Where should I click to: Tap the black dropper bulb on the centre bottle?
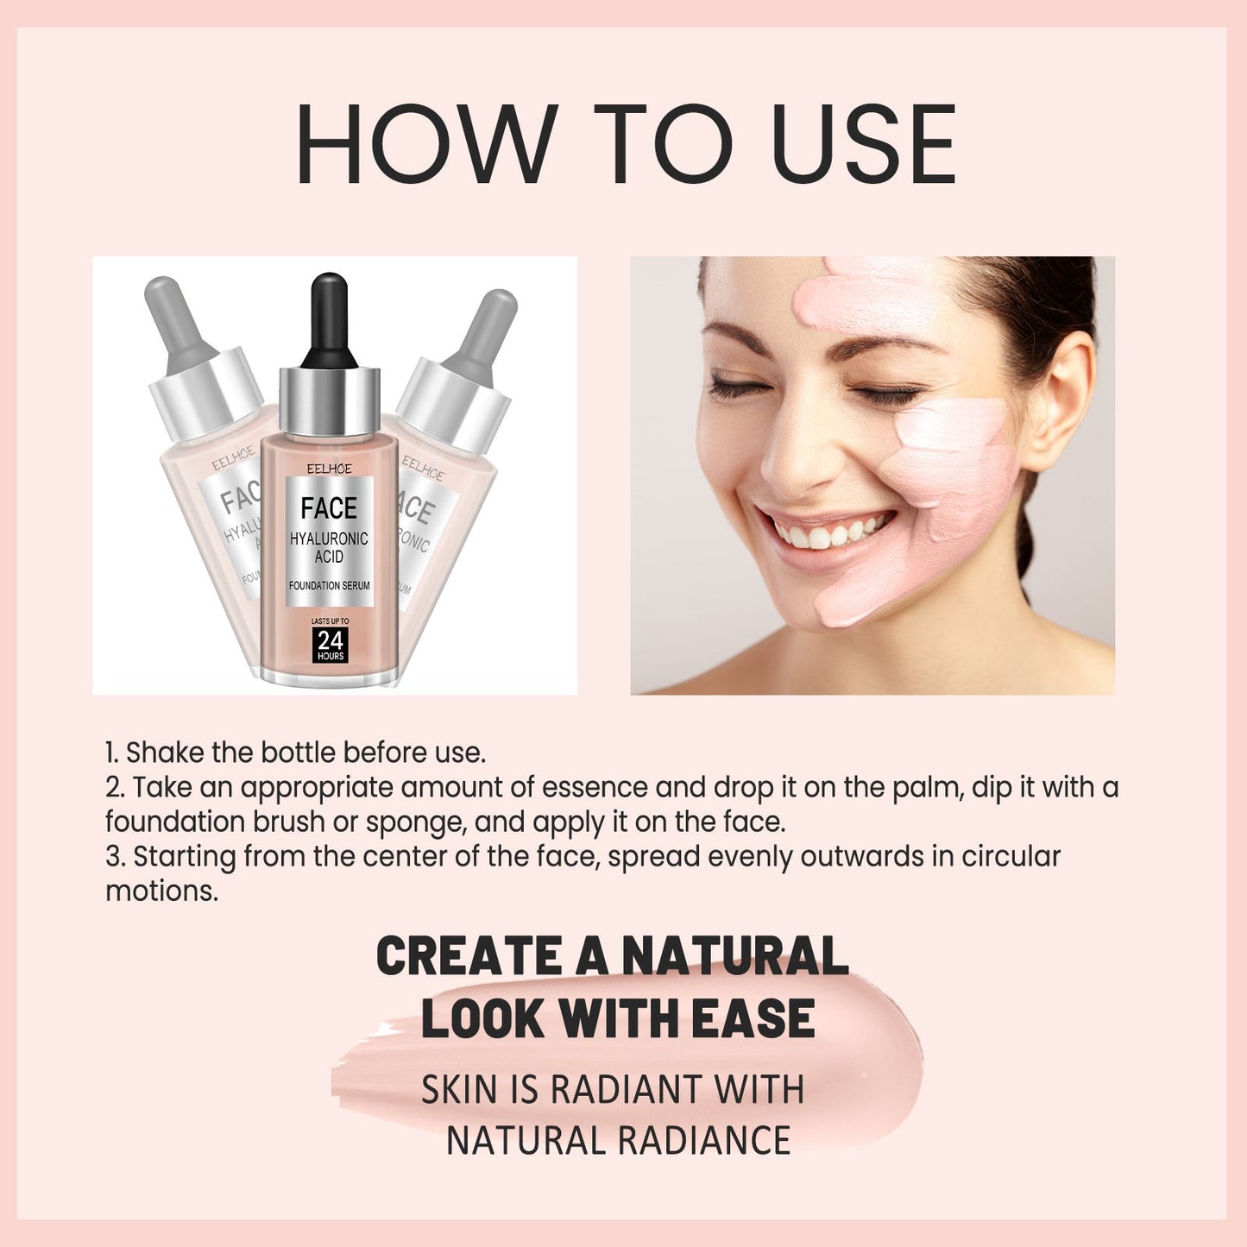click(329, 319)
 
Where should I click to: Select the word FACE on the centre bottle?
click(329, 508)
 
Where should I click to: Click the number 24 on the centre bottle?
click(330, 640)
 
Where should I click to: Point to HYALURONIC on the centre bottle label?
click(329, 538)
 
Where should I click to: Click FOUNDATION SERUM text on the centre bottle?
click(329, 585)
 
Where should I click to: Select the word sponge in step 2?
click(418, 822)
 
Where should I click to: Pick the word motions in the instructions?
click(161, 891)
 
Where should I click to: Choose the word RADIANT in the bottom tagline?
click(614, 1090)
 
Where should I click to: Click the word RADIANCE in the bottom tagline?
click(703, 1140)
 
